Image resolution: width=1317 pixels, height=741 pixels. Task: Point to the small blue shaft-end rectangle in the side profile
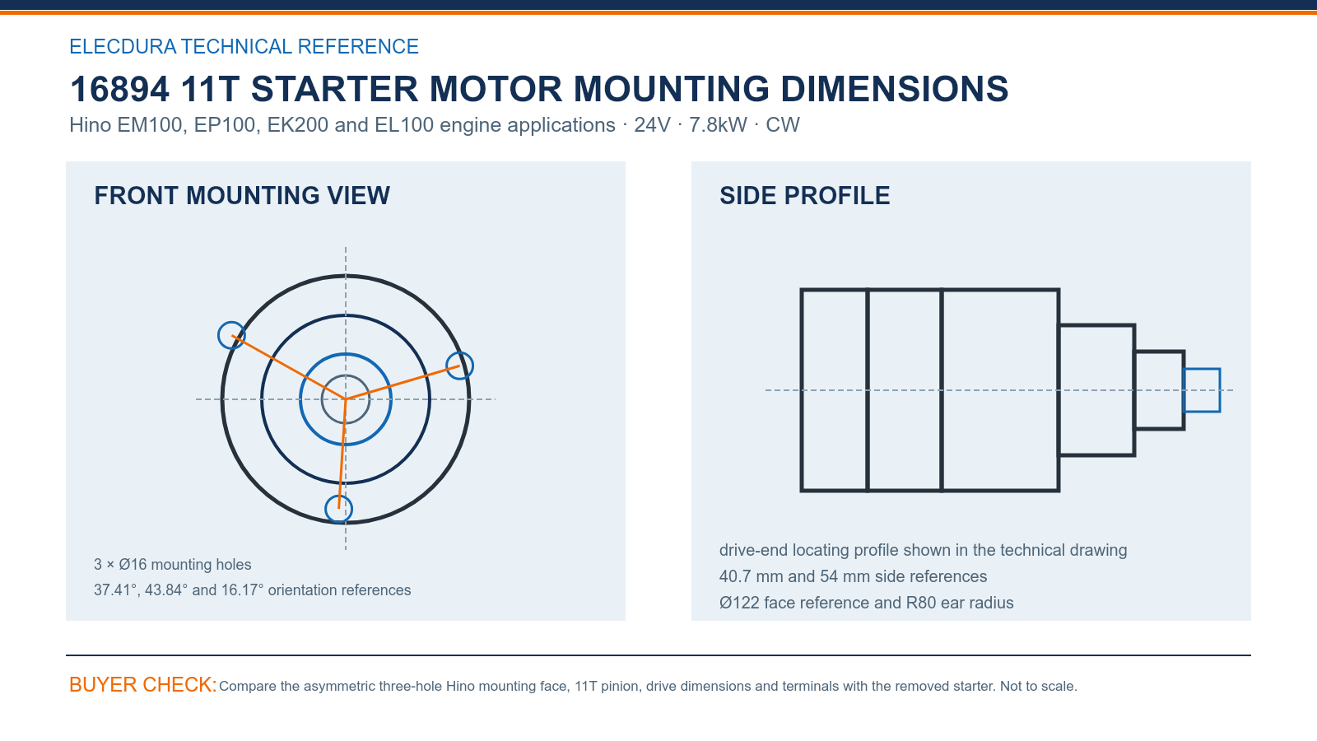(x=1201, y=370)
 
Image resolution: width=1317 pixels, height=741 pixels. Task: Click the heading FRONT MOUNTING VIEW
(x=242, y=196)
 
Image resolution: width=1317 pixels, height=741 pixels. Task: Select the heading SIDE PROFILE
(x=804, y=196)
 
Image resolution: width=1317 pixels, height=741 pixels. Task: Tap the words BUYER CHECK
(x=143, y=685)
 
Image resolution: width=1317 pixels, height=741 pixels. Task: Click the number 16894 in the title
(x=119, y=89)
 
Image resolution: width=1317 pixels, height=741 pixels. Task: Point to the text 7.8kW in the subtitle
(x=718, y=124)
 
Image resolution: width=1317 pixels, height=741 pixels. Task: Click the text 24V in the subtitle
(x=651, y=124)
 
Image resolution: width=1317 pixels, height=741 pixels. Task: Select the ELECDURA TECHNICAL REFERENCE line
(x=244, y=46)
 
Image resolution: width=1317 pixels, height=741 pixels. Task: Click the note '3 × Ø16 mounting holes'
(x=172, y=565)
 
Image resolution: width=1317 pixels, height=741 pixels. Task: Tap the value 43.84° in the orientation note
(x=166, y=590)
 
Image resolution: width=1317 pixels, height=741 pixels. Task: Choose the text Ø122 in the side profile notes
(x=739, y=603)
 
